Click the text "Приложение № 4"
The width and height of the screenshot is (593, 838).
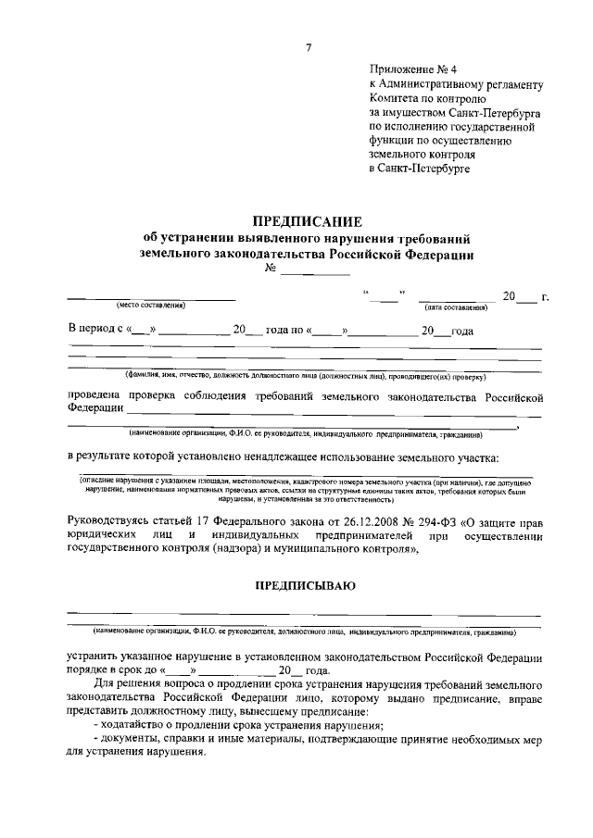tap(408, 69)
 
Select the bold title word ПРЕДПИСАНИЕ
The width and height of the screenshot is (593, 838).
tap(307, 220)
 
